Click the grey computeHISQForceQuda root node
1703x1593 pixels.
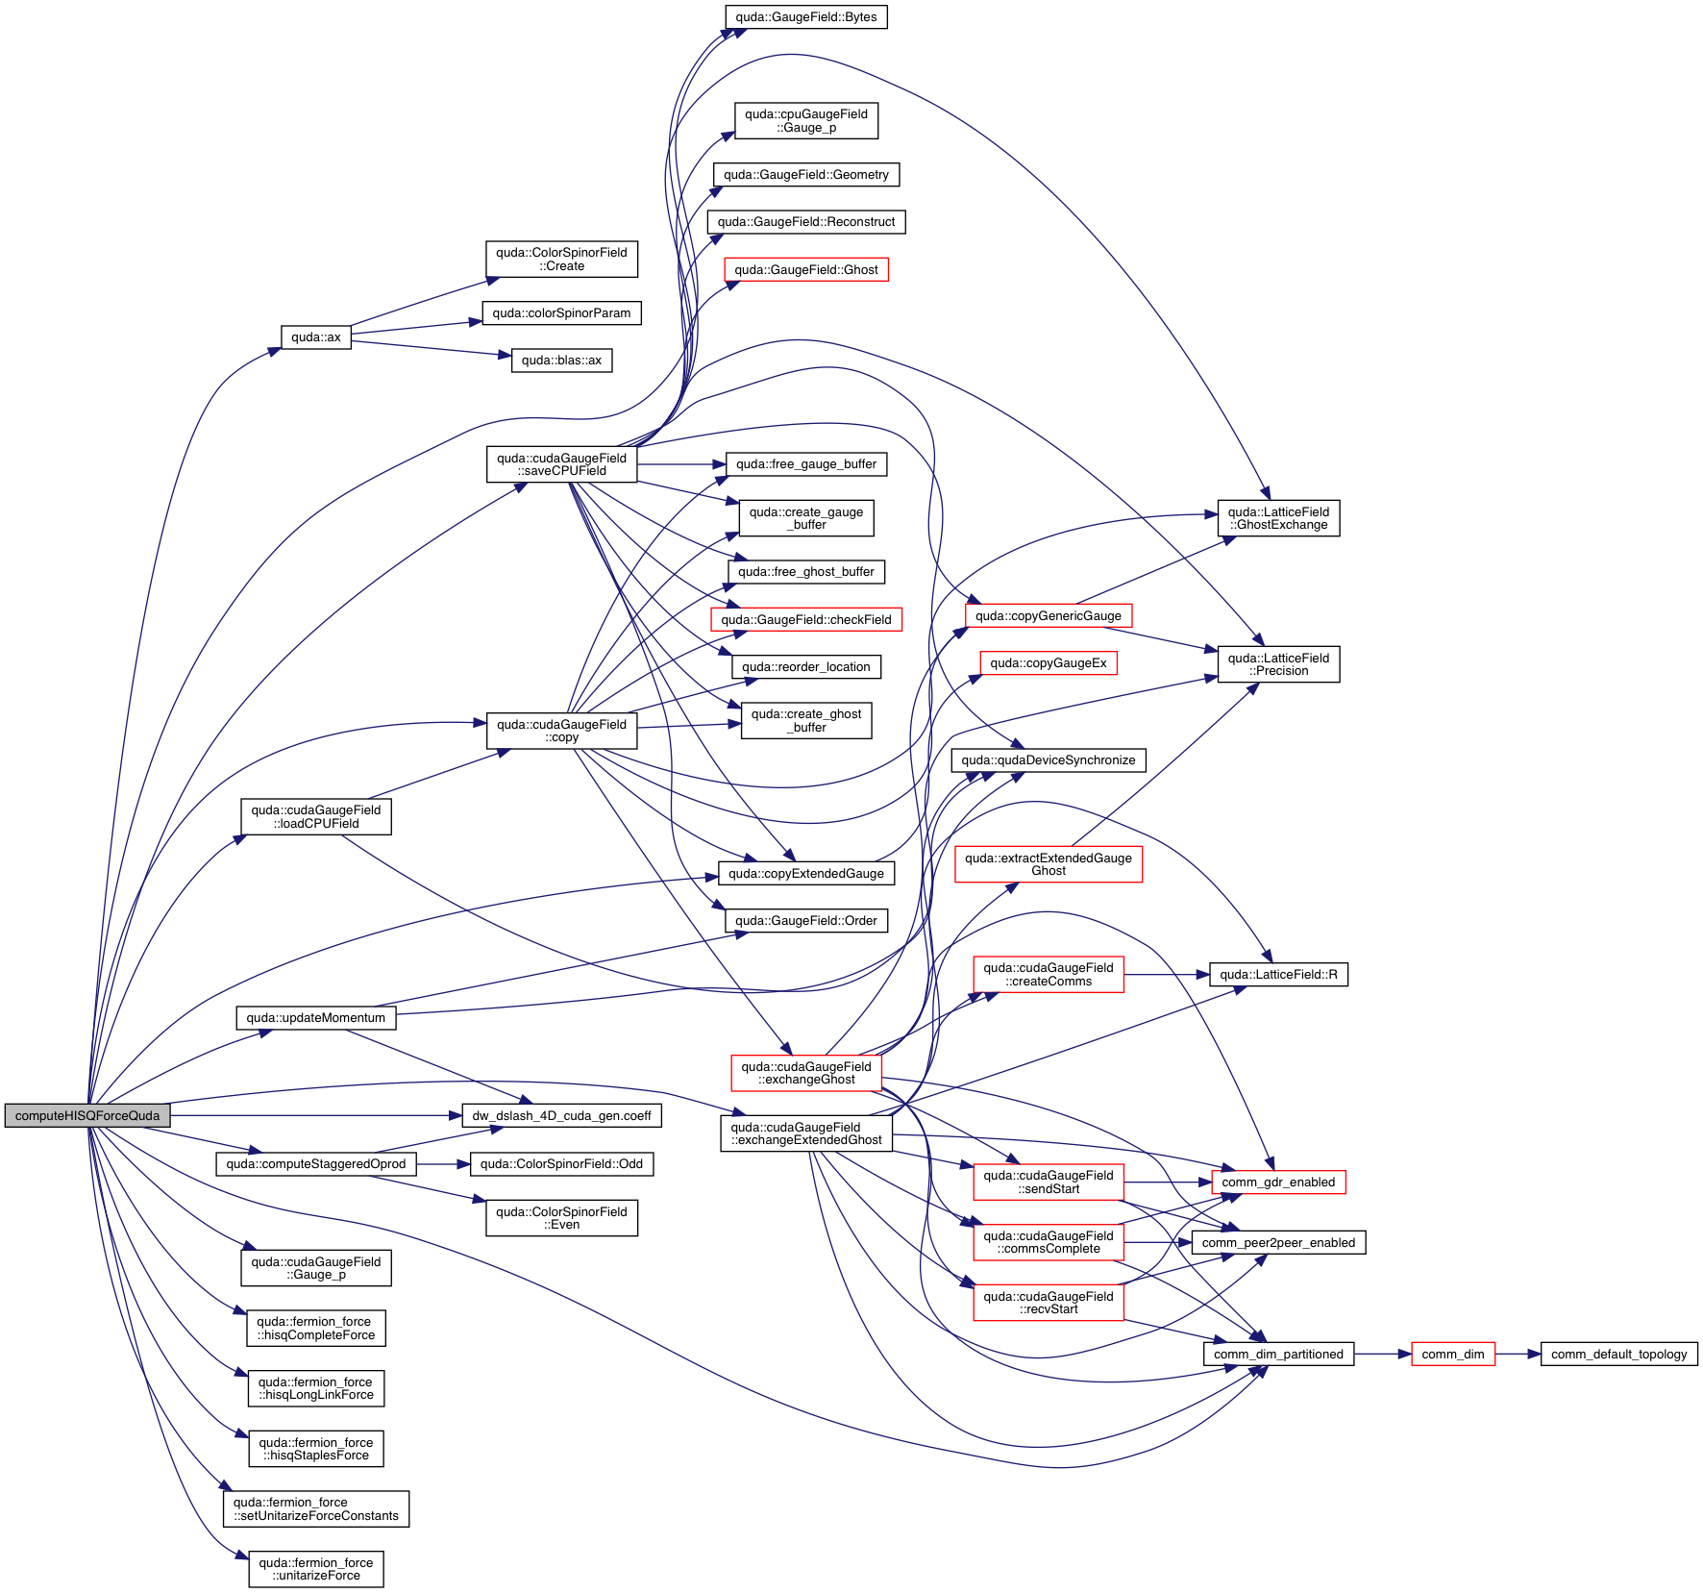point(87,1115)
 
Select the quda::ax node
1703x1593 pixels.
point(316,337)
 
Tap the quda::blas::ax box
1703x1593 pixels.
point(561,361)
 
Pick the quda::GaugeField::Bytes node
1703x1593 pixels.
point(805,17)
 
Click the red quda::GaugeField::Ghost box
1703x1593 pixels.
point(806,270)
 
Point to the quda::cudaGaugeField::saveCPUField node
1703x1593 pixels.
point(561,464)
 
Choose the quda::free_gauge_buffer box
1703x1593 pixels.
point(805,464)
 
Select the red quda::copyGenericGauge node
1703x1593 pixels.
point(1048,616)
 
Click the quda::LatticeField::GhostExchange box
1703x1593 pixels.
point(1278,518)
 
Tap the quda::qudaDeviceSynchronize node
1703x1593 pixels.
point(1048,760)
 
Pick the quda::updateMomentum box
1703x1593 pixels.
point(315,1018)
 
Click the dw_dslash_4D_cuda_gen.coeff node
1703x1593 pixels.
point(561,1116)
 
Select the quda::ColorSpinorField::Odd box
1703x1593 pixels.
point(561,1164)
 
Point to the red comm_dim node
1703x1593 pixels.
point(1452,1355)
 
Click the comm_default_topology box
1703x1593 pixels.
point(1618,1355)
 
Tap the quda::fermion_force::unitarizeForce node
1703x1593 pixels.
point(315,1569)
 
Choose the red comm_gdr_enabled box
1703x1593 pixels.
point(1278,1182)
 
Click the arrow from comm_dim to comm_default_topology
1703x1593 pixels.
point(1518,1355)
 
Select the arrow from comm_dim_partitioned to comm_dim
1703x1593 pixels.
point(1383,1355)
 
